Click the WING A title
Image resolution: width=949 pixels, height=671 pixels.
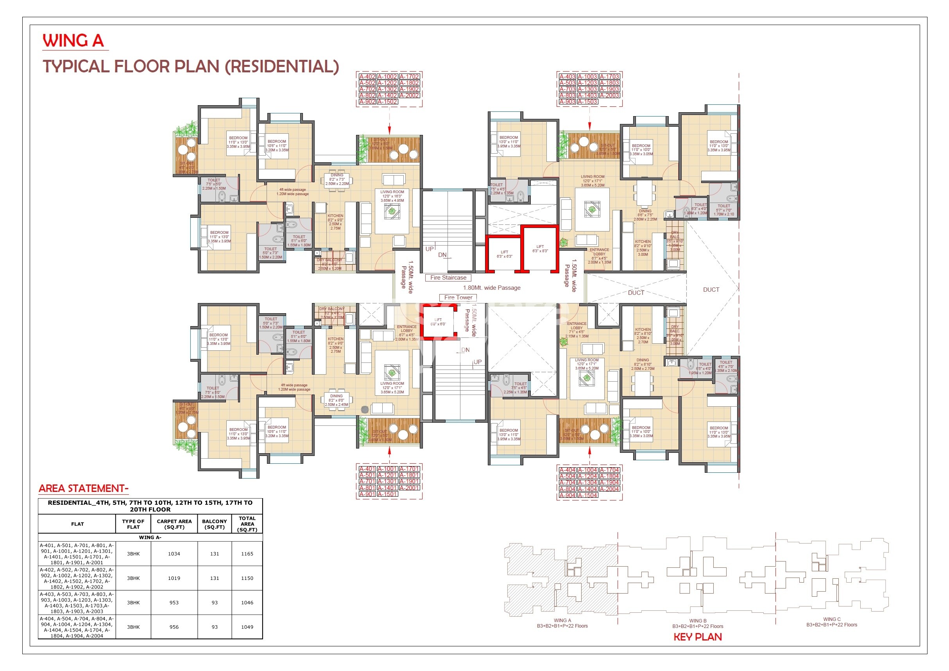coord(73,41)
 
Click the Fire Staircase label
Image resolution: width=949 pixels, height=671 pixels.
coord(448,278)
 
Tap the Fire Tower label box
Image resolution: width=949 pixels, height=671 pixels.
coord(458,297)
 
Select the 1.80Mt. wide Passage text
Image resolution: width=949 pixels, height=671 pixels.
coord(491,288)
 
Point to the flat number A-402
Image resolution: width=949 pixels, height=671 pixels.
coord(367,77)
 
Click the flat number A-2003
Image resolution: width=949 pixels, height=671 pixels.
coord(609,95)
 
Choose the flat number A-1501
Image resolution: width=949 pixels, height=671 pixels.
coord(387,494)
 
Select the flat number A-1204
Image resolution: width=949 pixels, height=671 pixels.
coord(587,476)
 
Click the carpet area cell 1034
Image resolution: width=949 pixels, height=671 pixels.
coord(174,554)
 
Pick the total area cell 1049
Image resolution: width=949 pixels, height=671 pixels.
coord(247,627)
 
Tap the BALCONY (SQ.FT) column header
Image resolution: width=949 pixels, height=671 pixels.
coord(215,524)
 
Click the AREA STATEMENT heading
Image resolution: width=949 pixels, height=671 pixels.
coord(84,489)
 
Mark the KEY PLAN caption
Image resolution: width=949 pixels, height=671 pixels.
coord(698,637)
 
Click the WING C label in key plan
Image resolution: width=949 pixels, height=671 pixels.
coord(832,619)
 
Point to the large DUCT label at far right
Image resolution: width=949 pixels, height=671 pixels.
coord(711,290)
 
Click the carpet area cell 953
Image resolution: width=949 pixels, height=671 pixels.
coord(174,603)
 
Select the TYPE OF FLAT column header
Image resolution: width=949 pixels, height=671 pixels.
coord(133,524)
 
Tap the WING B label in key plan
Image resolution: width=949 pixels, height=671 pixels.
coord(698,621)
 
